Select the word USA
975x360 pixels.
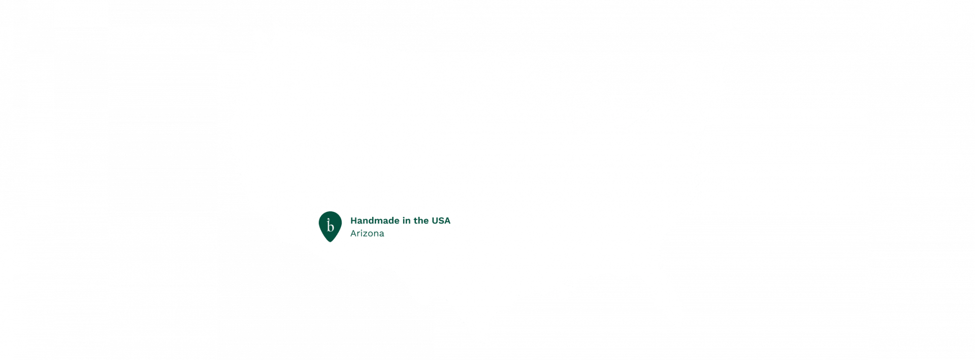click(x=441, y=221)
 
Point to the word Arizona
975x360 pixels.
click(x=367, y=234)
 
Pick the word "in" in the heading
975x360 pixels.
click(x=405, y=221)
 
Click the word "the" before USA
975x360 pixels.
click(x=421, y=221)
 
